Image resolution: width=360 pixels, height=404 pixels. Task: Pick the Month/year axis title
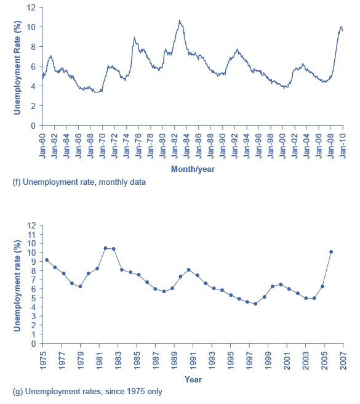192,168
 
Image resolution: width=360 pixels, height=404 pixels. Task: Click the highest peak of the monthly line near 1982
180,20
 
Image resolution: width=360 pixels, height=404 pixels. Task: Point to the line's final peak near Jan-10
341,26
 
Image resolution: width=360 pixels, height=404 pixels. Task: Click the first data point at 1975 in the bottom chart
46,260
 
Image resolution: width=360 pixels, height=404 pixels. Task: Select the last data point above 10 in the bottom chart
331,252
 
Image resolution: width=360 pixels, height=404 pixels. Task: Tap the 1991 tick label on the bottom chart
193,360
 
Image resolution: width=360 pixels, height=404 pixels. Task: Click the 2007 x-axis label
343,360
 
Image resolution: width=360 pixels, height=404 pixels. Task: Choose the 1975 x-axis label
42,360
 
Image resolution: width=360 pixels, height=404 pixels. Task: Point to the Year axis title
193,379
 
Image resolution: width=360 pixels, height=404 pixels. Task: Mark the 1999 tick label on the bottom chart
268,360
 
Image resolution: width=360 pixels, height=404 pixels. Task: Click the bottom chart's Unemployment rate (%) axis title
17,285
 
